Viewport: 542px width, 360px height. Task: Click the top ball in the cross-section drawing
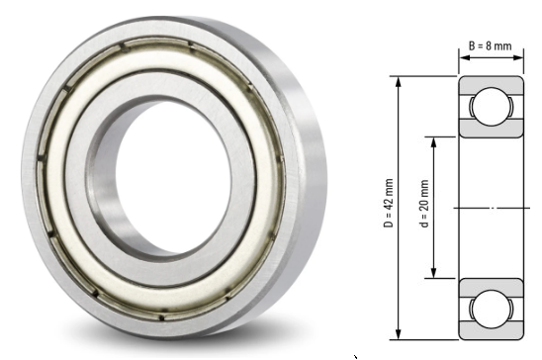489,107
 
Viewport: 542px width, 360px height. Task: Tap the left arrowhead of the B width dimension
461,57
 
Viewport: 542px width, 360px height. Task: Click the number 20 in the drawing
425,197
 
